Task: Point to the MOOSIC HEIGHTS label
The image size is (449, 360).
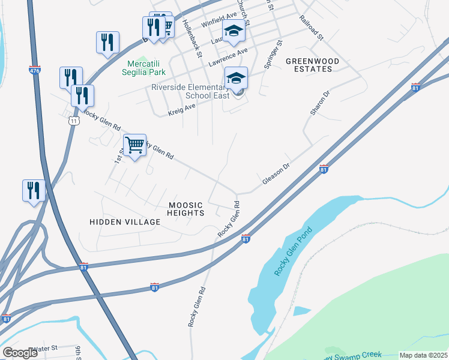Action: [x=185, y=209]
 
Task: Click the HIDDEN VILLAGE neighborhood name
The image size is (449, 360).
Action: [x=125, y=222]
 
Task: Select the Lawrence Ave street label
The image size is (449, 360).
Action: [x=228, y=58]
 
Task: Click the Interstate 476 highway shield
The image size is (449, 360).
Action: [x=34, y=70]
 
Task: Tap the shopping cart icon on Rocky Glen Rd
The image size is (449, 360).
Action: [x=135, y=144]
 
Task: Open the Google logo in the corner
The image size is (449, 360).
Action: [x=20, y=353]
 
